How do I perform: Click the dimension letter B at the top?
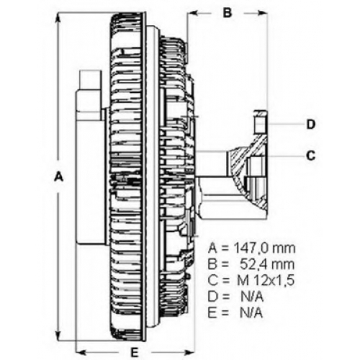pyautogui.click(x=228, y=13)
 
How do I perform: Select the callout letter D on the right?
pyautogui.click(x=311, y=125)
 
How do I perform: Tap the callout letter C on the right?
pyautogui.click(x=311, y=156)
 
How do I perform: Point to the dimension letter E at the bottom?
pyautogui.click(x=135, y=352)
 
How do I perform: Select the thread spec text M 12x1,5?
pyautogui.click(x=266, y=281)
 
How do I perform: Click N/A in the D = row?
pyautogui.click(x=252, y=297)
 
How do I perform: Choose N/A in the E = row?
pyautogui.click(x=251, y=313)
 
